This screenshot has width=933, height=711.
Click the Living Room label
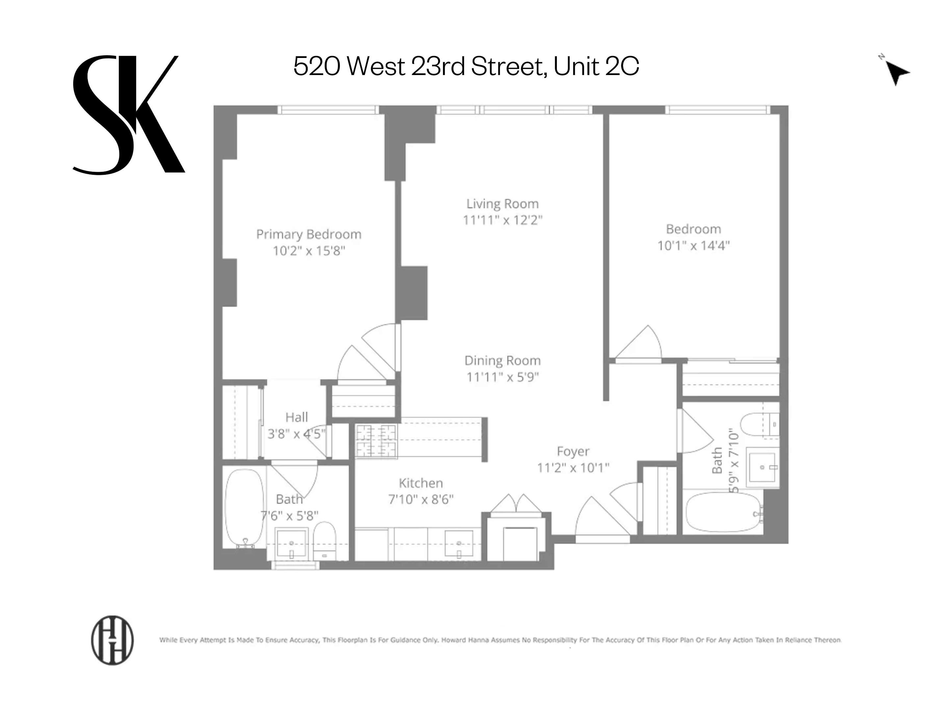(x=502, y=204)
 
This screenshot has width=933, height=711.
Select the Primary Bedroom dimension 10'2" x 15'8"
(x=309, y=251)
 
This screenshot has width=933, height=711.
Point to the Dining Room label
(x=502, y=360)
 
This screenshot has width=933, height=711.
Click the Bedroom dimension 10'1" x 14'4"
(x=693, y=246)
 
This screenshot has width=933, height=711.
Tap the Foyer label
(x=573, y=451)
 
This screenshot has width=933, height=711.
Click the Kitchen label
(x=421, y=483)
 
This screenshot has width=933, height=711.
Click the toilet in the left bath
(x=324, y=541)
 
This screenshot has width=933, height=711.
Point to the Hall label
(x=296, y=417)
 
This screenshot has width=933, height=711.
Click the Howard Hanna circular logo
(x=113, y=640)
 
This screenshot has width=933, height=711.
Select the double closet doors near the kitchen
(x=516, y=504)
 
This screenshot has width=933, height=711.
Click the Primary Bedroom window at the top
(x=328, y=110)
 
